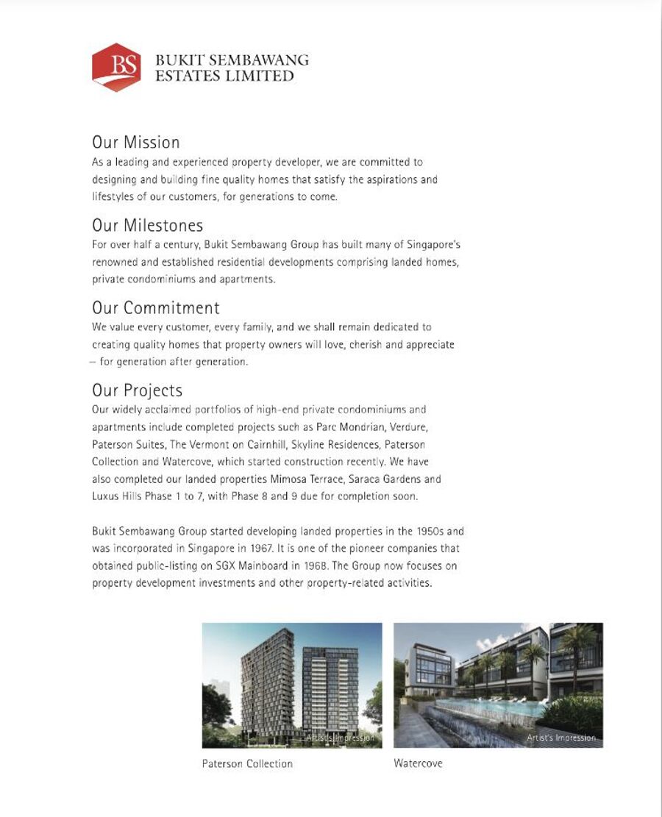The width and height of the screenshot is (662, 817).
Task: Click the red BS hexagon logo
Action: coord(116,67)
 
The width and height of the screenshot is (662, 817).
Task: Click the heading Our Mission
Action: coord(135,142)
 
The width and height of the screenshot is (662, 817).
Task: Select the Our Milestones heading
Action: coord(147,225)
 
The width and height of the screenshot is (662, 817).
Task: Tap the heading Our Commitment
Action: coord(155,307)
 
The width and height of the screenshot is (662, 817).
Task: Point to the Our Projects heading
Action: coord(137,390)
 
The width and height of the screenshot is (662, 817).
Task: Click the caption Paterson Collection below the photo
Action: coord(247,764)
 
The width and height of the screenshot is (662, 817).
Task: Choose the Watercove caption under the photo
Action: coord(418,764)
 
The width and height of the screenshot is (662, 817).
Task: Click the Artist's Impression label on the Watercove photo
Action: coord(561,738)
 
